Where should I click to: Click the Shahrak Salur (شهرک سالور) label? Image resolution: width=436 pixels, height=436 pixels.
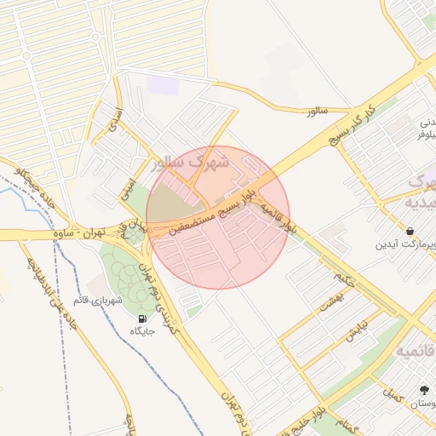[189, 162]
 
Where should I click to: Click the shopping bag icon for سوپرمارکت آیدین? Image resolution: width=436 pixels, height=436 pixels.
[410, 231]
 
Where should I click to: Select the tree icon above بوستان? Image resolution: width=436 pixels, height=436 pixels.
[424, 390]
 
